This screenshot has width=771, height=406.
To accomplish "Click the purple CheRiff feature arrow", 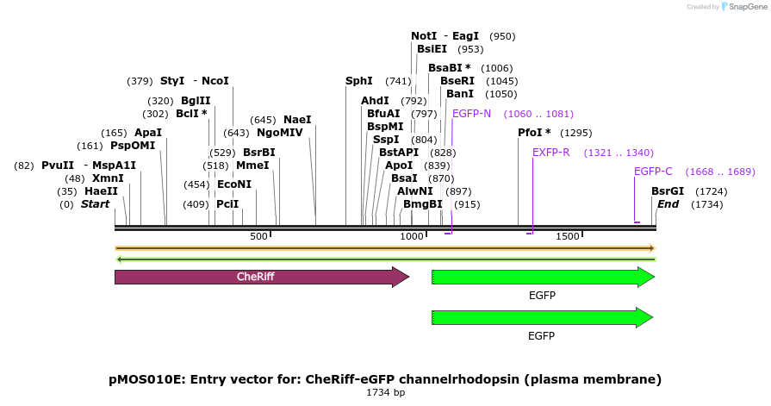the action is (x=262, y=277).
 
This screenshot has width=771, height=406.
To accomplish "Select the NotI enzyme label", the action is (x=424, y=36).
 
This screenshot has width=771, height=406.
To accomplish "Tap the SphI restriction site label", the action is (x=359, y=81).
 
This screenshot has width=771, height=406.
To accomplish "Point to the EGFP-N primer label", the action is (x=471, y=114).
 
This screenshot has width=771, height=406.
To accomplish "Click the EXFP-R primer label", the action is (x=551, y=153).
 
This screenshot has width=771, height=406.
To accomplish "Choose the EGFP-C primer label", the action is (x=653, y=172).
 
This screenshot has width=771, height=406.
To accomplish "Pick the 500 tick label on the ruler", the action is (x=258, y=236).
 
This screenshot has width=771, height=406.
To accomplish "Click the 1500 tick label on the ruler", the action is (x=568, y=236).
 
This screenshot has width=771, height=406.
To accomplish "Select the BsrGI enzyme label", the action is (x=668, y=191).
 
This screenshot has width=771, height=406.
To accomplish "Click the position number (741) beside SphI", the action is (x=398, y=81).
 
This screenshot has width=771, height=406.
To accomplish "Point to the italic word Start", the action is (x=96, y=203).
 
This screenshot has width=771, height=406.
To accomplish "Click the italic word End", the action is (x=668, y=203).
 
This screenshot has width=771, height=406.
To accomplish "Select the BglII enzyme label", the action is (x=196, y=100).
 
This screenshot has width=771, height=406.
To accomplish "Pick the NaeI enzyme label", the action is (x=297, y=120).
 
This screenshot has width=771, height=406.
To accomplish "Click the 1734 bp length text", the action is (x=386, y=392).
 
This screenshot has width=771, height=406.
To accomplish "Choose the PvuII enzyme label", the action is (x=58, y=165).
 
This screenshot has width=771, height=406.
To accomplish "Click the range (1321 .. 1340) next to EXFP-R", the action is (x=619, y=153).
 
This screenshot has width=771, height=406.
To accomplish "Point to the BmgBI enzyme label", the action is (x=423, y=203).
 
